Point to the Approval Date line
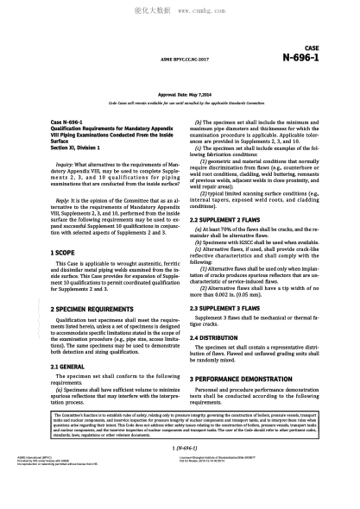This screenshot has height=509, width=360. click(x=180, y=91)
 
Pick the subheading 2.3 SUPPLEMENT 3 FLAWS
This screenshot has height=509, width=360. click(x=229, y=307)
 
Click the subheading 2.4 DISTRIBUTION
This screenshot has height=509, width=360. click(x=219, y=337)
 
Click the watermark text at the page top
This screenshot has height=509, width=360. click(x=180, y=12)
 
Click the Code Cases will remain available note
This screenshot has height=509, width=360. click(x=180, y=100)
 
